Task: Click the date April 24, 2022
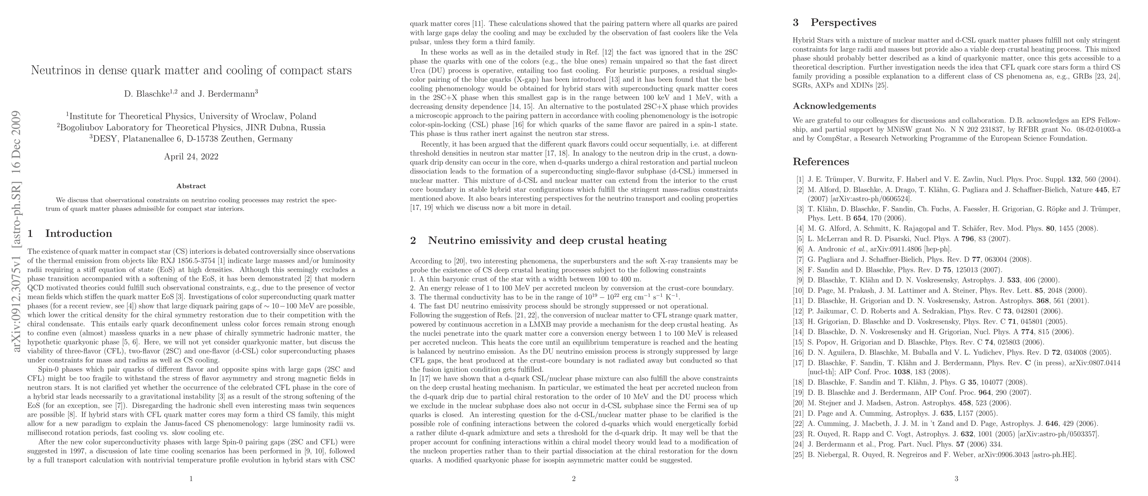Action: pos(191,157)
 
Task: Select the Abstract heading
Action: pos(191,186)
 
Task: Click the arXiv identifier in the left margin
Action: pos(17,232)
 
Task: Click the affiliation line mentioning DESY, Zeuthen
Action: pos(191,139)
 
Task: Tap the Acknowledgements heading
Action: pos(834,106)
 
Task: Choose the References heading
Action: pos(821,162)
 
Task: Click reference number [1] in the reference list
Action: pos(800,180)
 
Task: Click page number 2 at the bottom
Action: pos(573,479)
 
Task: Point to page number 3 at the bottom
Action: pos(956,479)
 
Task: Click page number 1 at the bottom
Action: pos(191,479)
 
